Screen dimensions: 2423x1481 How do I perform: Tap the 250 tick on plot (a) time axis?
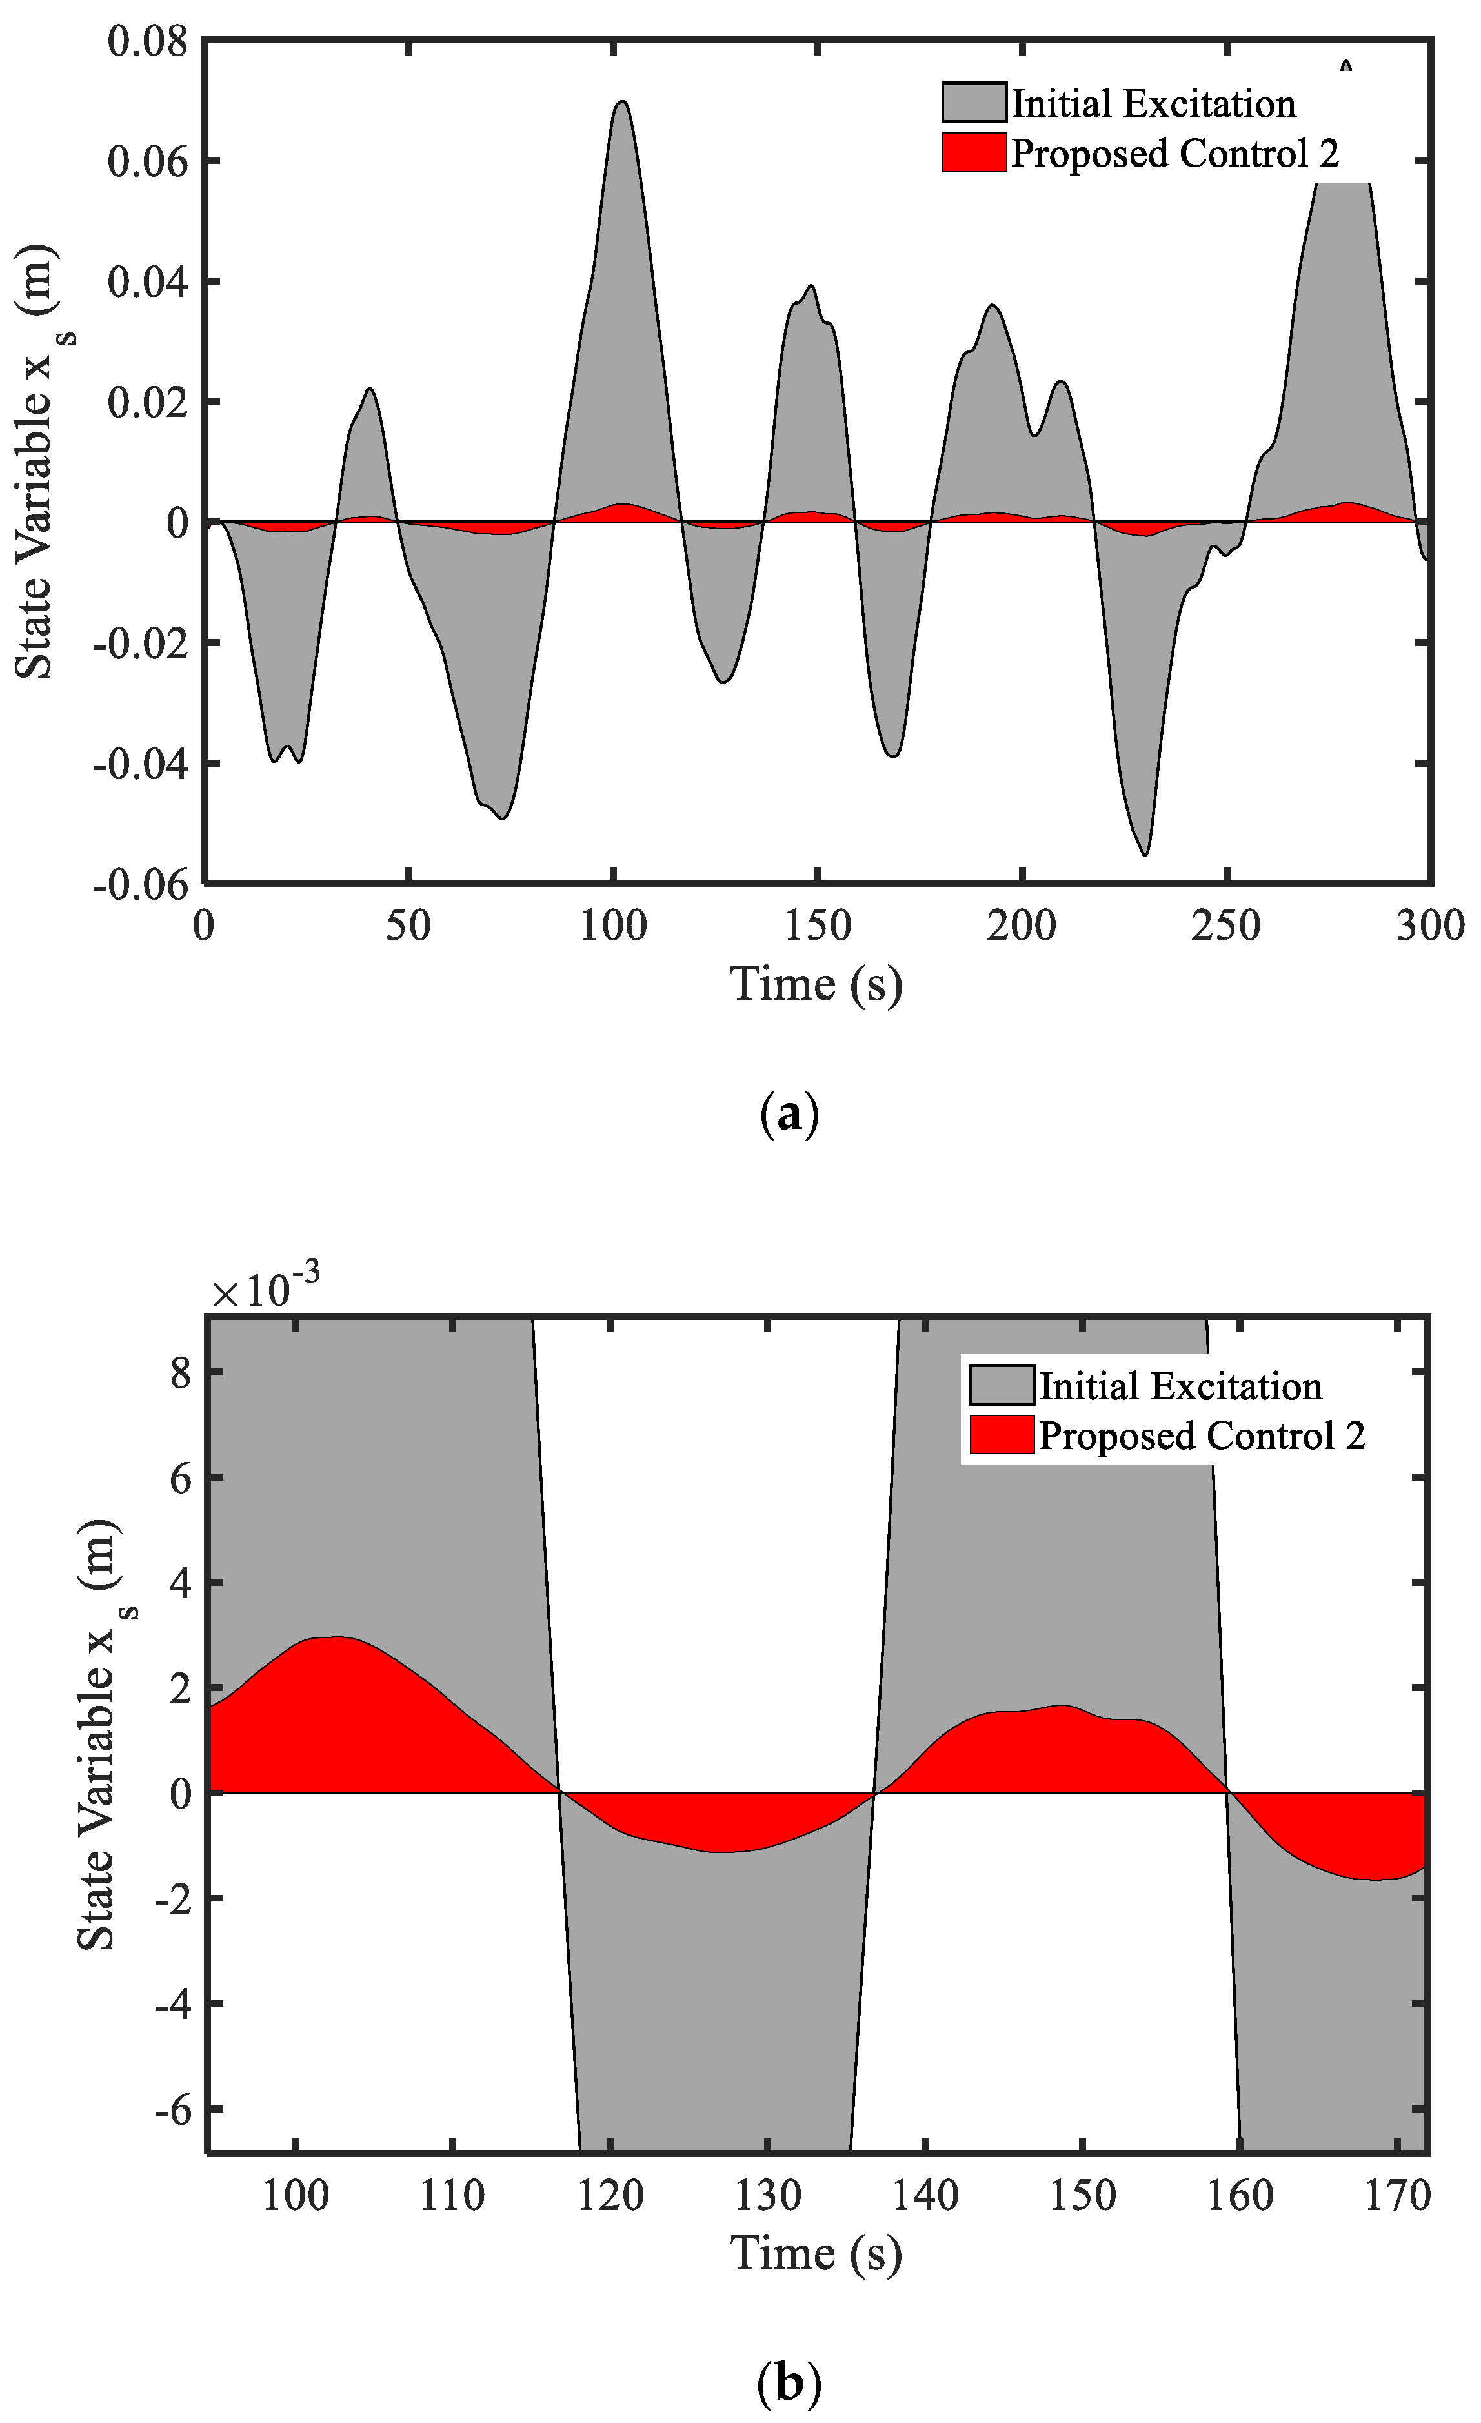1226,926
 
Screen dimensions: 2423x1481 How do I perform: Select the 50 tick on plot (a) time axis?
408,926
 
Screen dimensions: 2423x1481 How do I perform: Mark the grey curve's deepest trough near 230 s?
1145,853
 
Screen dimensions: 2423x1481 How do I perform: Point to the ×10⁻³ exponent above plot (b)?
265,1291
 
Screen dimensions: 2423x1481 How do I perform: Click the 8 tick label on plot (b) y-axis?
180,1373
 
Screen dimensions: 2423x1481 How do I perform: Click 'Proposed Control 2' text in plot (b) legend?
1202,1437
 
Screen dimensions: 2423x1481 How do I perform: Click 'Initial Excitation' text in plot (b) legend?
1180,1386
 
